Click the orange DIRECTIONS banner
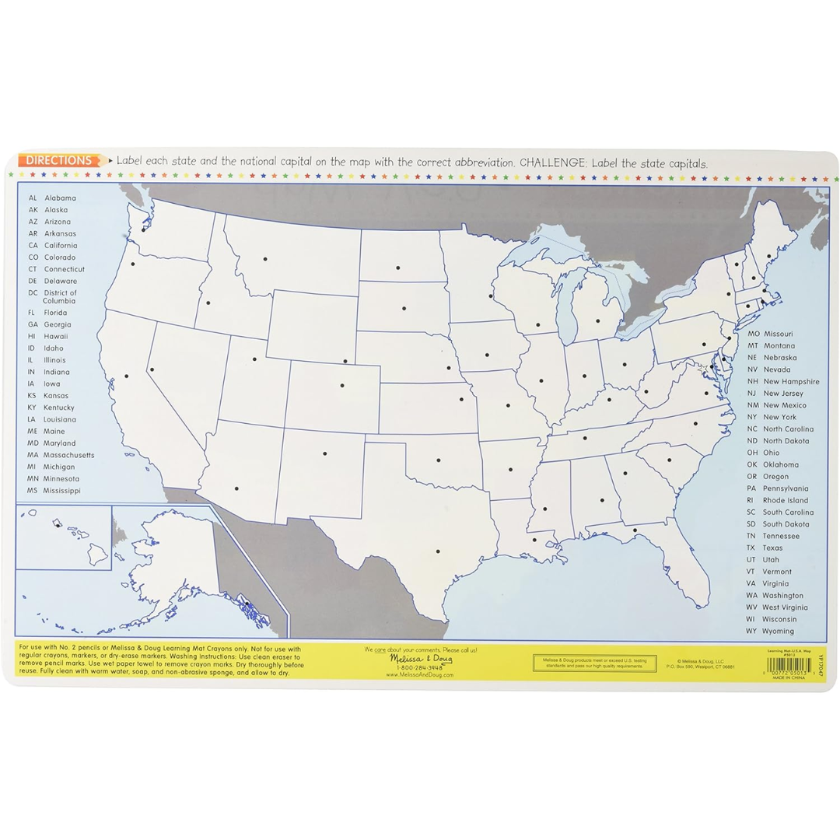pyautogui.click(x=59, y=161)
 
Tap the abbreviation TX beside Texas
pyautogui.click(x=751, y=548)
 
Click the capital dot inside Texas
pyautogui.click(x=438, y=552)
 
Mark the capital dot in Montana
pyautogui.click(x=265, y=259)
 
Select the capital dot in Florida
pyautogui.click(x=635, y=530)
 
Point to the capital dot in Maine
pyautogui.click(x=768, y=256)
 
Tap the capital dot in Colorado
pyautogui.click(x=341, y=385)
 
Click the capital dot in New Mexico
pyautogui.click(x=324, y=453)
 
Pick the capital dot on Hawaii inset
pyautogui.click(x=58, y=525)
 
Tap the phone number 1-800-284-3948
pyautogui.click(x=420, y=667)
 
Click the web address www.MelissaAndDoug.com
pyautogui.click(x=420, y=675)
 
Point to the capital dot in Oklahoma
pyautogui.click(x=438, y=460)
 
